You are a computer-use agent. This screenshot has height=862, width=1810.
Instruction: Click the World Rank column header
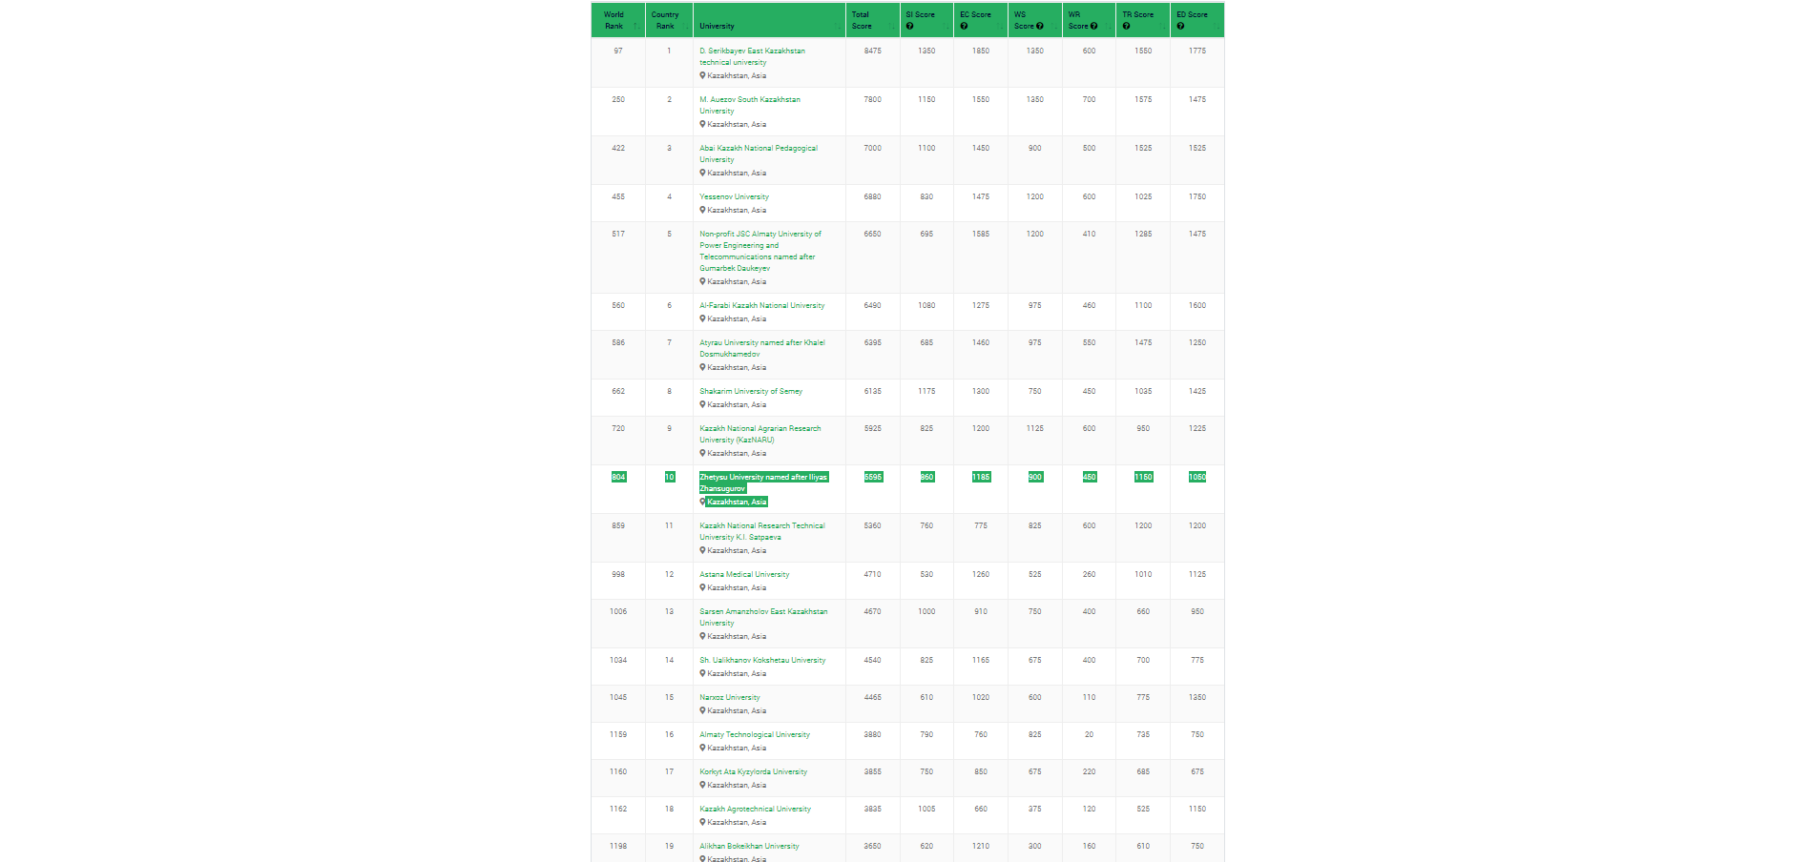pyautogui.click(x=614, y=20)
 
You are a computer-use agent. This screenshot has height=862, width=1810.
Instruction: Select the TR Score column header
pyautogui.click(x=1137, y=14)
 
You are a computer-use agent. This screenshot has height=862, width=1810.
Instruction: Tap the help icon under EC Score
pyautogui.click(x=964, y=27)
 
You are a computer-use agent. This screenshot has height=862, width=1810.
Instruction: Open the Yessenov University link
pyautogui.click(x=734, y=197)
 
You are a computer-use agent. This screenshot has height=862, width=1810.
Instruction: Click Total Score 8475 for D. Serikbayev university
pyautogui.click(x=873, y=51)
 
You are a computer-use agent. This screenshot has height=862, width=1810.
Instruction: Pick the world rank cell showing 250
pyautogui.click(x=618, y=100)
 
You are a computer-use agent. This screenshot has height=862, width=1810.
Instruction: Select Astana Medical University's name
pyautogui.click(x=744, y=575)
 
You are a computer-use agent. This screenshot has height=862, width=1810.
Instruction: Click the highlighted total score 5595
pyautogui.click(x=873, y=478)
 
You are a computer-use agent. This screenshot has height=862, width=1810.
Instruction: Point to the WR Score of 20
pyautogui.click(x=1089, y=735)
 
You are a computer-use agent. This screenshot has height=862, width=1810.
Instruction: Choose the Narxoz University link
pyautogui.click(x=730, y=698)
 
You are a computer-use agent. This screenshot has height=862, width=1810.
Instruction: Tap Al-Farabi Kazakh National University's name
pyautogui.click(x=761, y=306)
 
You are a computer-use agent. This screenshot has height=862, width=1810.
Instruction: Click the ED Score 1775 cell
pyautogui.click(x=1196, y=51)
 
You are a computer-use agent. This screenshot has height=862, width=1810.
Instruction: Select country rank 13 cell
pyautogui.click(x=669, y=612)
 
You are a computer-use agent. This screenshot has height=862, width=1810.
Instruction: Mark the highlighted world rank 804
pyautogui.click(x=618, y=478)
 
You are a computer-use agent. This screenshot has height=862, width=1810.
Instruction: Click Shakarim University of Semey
pyautogui.click(x=751, y=392)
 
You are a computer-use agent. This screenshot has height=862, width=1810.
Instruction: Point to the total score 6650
pyautogui.click(x=873, y=235)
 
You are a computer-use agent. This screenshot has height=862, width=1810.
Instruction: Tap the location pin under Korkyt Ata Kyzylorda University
pyautogui.click(x=703, y=786)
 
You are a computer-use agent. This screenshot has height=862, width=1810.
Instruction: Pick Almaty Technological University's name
pyautogui.click(x=754, y=735)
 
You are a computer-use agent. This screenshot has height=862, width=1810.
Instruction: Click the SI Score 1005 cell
pyautogui.click(x=926, y=810)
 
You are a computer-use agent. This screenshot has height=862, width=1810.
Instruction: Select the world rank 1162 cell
pyautogui.click(x=618, y=810)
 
